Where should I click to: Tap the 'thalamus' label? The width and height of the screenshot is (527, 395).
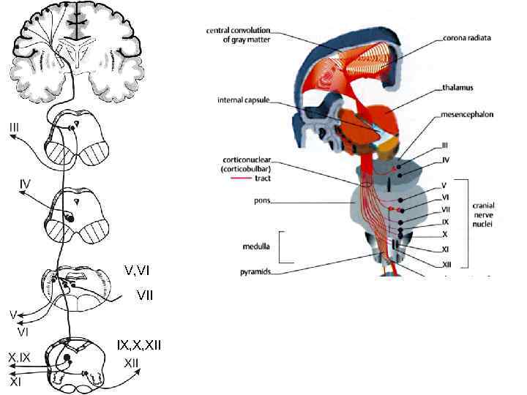click(x=457, y=88)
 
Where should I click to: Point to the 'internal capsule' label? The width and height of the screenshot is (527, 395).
click(x=241, y=100)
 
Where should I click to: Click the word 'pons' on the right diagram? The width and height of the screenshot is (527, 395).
click(x=253, y=197)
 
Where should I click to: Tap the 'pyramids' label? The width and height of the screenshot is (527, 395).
click(x=257, y=271)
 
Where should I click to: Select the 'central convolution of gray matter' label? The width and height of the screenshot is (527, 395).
click(x=240, y=35)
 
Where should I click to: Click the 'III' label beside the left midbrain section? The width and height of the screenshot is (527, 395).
click(x=15, y=128)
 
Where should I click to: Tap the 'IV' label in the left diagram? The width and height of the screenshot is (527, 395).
click(x=24, y=183)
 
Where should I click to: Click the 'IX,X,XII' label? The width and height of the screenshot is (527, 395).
click(x=139, y=345)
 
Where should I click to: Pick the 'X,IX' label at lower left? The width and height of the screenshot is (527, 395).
click(x=19, y=358)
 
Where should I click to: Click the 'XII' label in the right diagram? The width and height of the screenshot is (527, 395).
click(x=446, y=264)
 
